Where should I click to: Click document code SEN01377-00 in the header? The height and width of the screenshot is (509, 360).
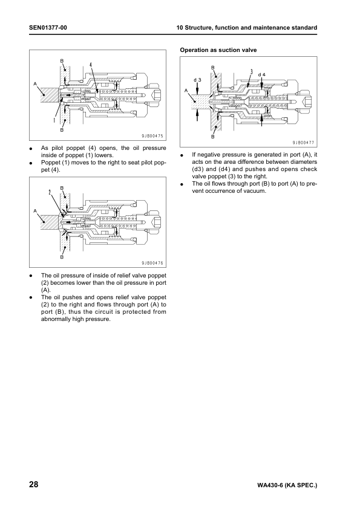pos(48,28)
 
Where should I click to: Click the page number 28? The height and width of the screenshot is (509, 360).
pos(34,485)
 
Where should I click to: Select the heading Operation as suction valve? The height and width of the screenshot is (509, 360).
pos(218,50)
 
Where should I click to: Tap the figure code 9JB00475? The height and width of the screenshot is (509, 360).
pos(152,137)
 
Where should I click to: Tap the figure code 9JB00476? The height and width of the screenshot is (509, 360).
pos(152,263)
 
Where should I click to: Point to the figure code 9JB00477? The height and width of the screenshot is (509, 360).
pos(304,143)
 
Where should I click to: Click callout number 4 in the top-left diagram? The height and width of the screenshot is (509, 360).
pos(91,65)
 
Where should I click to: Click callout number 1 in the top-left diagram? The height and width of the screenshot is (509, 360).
pos(54,120)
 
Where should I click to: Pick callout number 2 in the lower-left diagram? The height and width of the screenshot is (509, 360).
pos(50,192)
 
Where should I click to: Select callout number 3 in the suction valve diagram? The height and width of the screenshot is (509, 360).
pos(252,72)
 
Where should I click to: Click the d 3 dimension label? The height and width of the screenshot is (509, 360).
pos(197,80)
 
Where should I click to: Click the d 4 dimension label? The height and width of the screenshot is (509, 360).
pos(261,75)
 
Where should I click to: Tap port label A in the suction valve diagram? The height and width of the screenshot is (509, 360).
pos(186,91)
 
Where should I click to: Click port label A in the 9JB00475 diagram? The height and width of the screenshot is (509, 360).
pos(35,84)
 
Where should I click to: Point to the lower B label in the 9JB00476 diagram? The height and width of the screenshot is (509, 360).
pos(62,257)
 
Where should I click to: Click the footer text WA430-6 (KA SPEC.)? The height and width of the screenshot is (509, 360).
pos(287,485)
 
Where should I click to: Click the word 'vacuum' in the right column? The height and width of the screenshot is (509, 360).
pos(255,191)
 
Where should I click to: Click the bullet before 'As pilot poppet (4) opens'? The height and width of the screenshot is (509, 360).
pos(31,149)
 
